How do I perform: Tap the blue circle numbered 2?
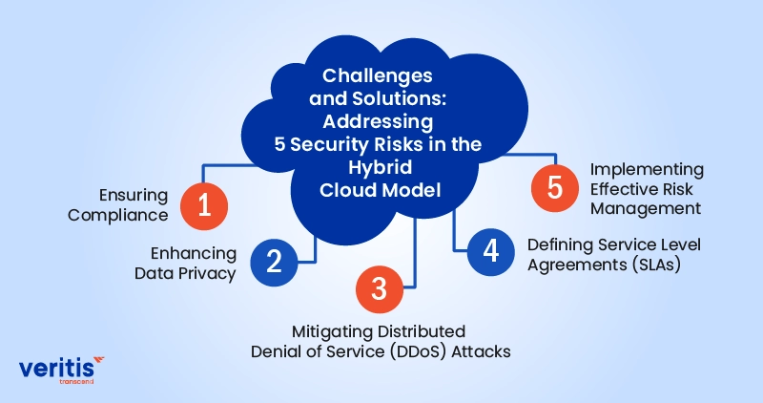274,261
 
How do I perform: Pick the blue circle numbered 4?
490,251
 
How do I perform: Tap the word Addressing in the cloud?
378,121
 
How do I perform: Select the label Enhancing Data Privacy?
194,262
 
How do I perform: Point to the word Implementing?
647,169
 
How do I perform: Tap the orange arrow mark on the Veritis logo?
98,359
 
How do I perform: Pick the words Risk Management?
645,197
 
